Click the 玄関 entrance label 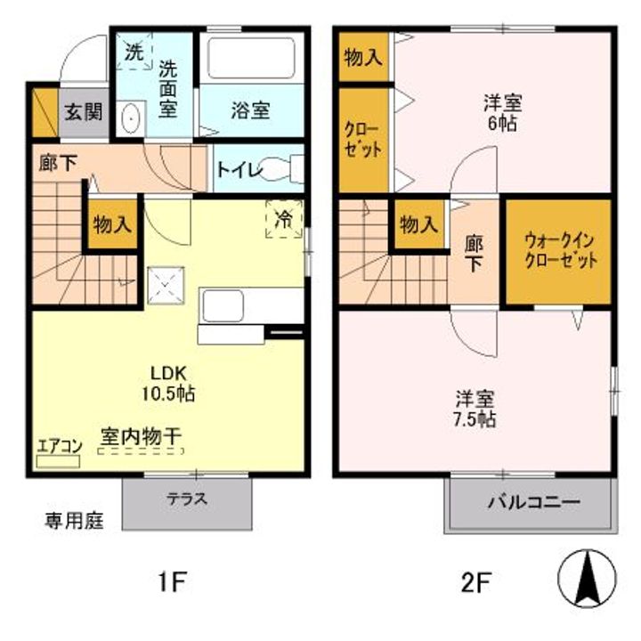coord(82,112)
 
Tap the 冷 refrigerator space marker coord(284,219)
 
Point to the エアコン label coord(59,447)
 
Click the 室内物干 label coord(141,437)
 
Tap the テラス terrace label coord(187,499)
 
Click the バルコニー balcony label coord(532,502)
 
